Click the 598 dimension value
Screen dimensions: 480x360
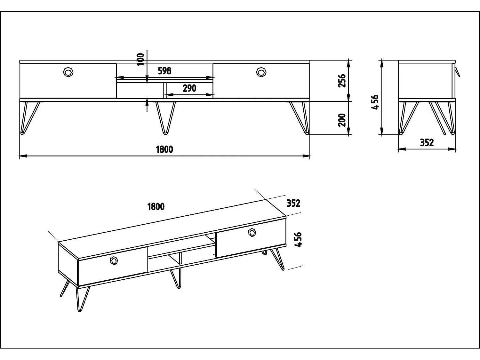[164, 71]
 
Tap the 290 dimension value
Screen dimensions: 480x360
[189, 88]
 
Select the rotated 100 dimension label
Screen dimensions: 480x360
[140, 59]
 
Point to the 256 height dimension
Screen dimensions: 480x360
[342, 81]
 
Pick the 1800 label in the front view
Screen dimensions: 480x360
[164, 149]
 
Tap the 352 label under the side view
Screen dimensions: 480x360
[427, 143]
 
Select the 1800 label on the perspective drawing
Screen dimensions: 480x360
[156, 206]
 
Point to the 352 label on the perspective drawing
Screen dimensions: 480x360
[293, 203]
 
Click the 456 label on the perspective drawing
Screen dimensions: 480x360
[298, 240]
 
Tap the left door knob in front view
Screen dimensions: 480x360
[68, 72]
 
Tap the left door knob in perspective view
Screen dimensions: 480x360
[114, 260]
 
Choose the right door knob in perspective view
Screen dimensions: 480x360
[252, 232]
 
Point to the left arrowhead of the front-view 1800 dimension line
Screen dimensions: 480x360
[23, 156]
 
